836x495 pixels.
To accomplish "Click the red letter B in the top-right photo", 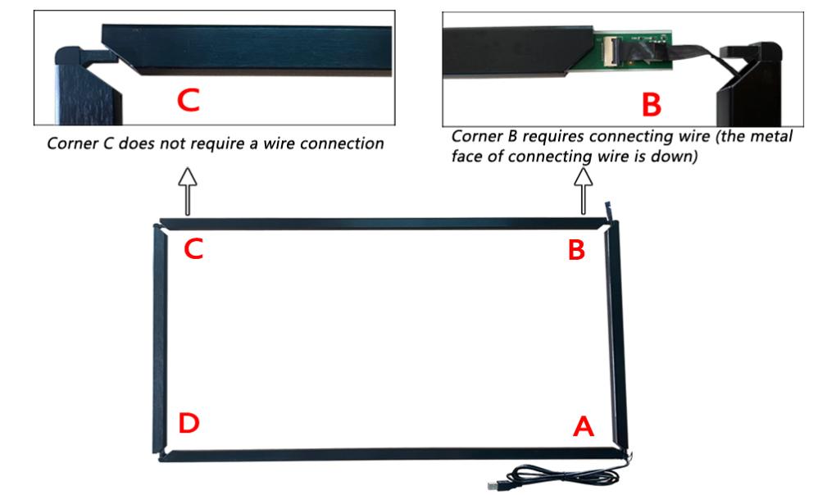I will point(649,104).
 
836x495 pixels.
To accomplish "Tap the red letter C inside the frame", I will point(194,249).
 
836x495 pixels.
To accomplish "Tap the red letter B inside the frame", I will point(577,250).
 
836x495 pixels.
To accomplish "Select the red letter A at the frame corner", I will point(582,425).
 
